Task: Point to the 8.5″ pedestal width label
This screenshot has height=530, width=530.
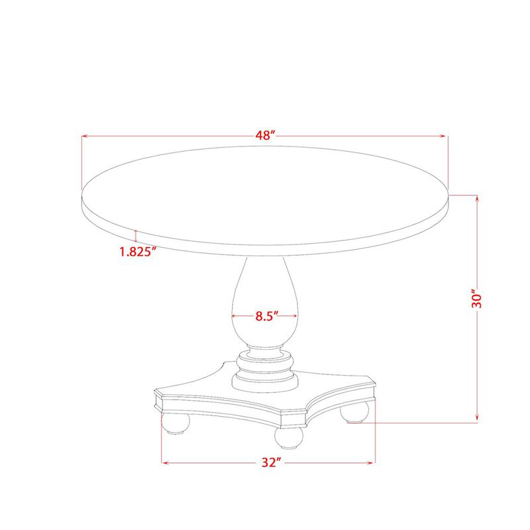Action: pos(265,316)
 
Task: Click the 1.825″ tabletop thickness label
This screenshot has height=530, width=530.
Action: pos(137,251)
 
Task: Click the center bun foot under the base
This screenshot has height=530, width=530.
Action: pos(288,437)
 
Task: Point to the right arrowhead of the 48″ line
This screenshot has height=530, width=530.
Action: pos(445,136)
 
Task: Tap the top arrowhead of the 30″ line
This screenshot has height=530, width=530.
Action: pos(476,197)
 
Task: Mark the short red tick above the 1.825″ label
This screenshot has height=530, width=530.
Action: pos(135,235)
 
